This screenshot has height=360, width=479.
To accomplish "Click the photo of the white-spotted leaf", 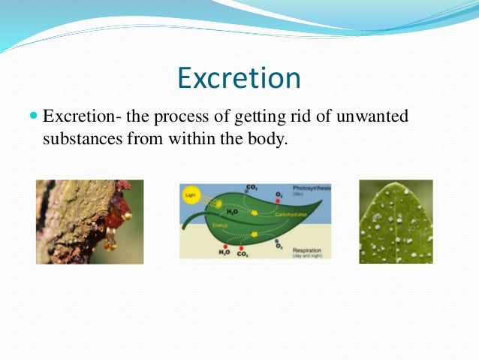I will tap(396, 222).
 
